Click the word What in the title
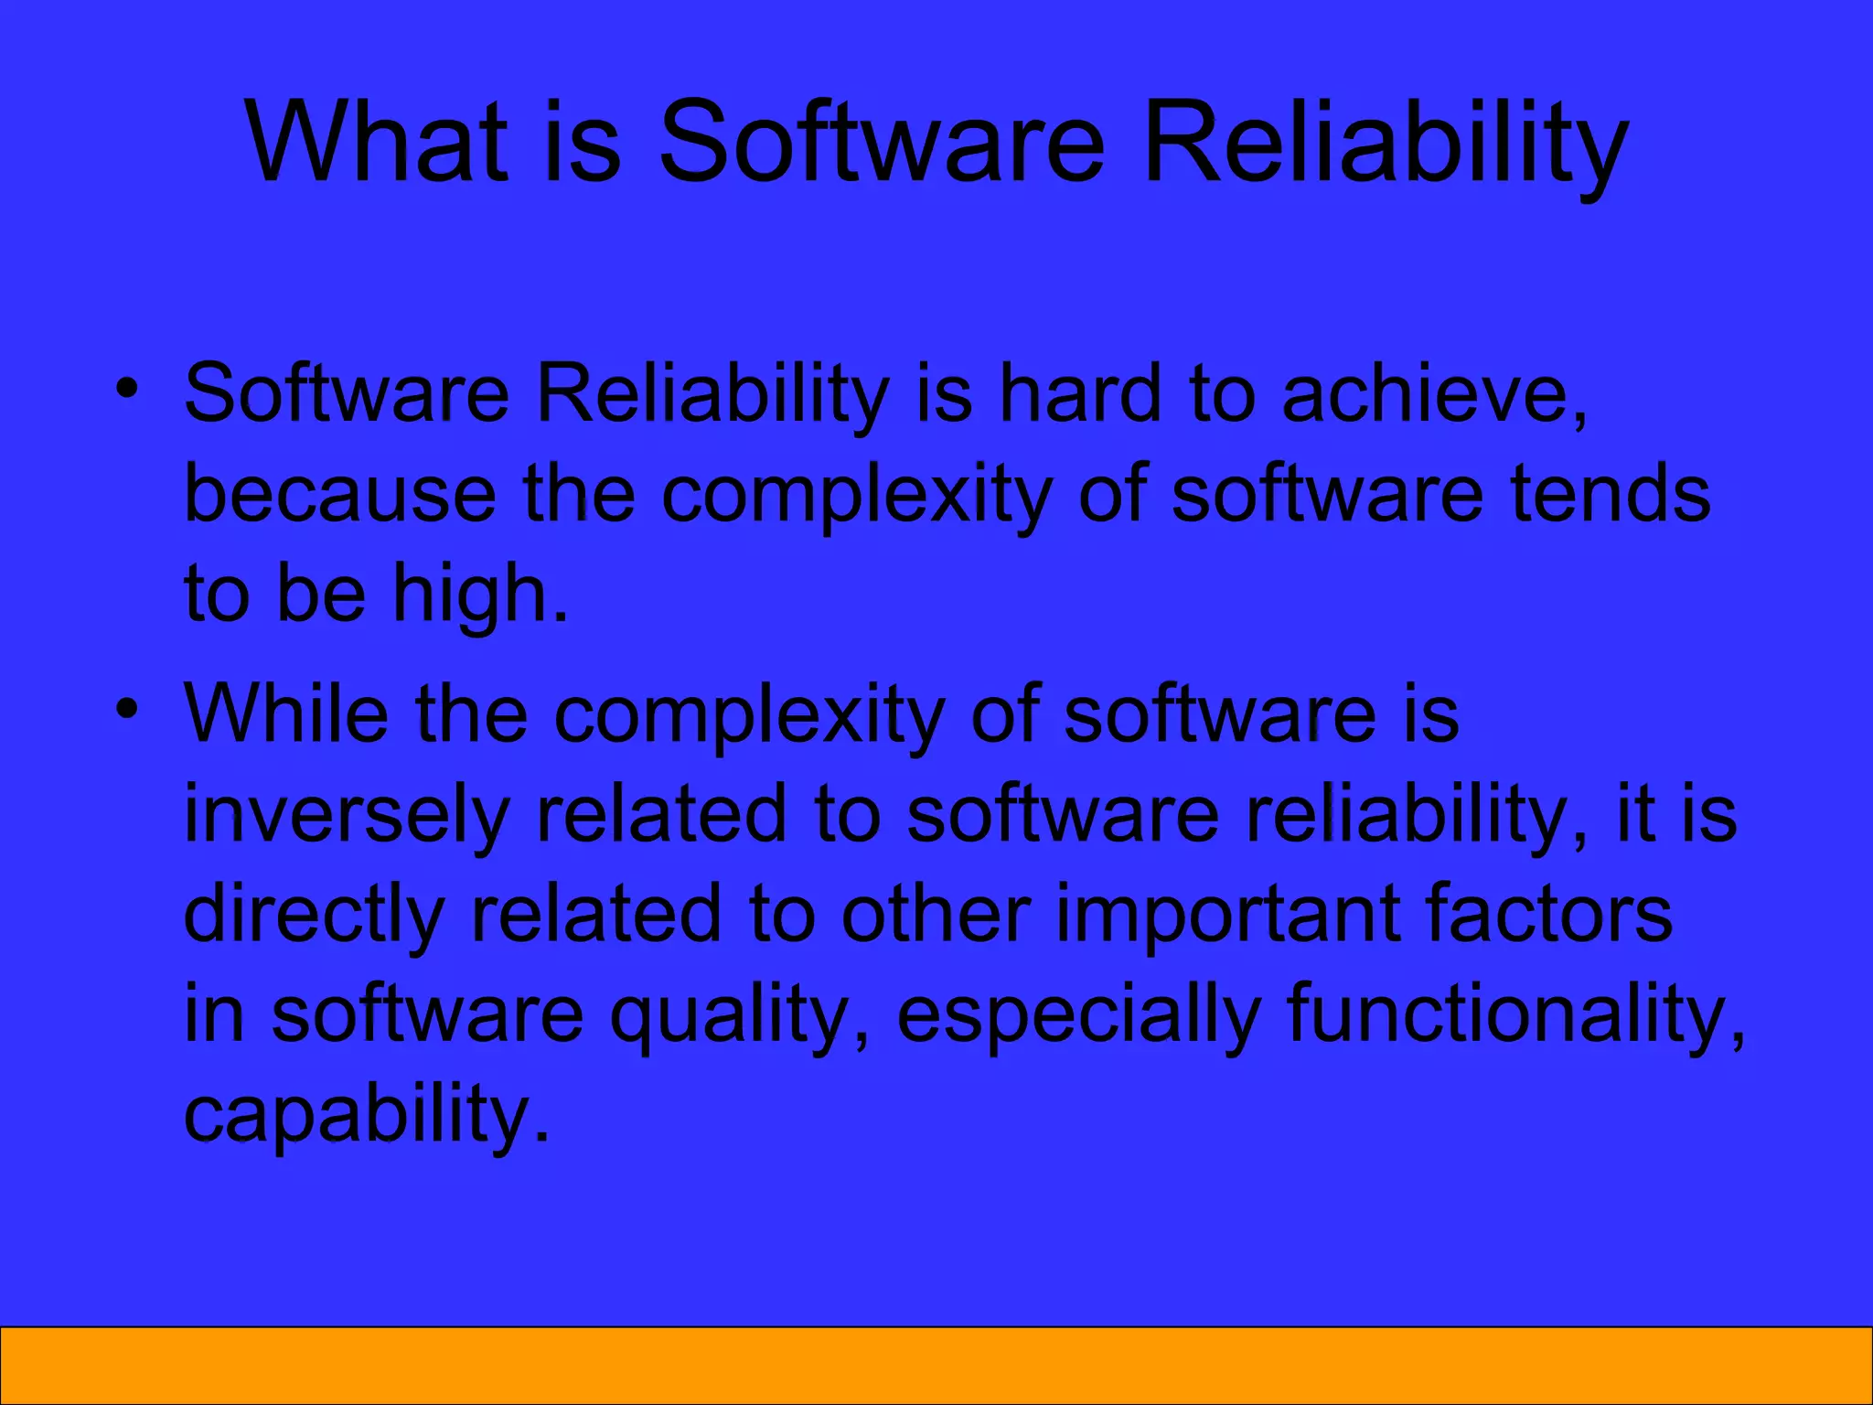375,142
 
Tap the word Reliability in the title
1385,142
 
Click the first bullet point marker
127,388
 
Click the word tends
1610,494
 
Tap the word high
480,595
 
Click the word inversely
347,814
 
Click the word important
1226,915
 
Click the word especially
1079,1015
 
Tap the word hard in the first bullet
1080,393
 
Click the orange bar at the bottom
936,1365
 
